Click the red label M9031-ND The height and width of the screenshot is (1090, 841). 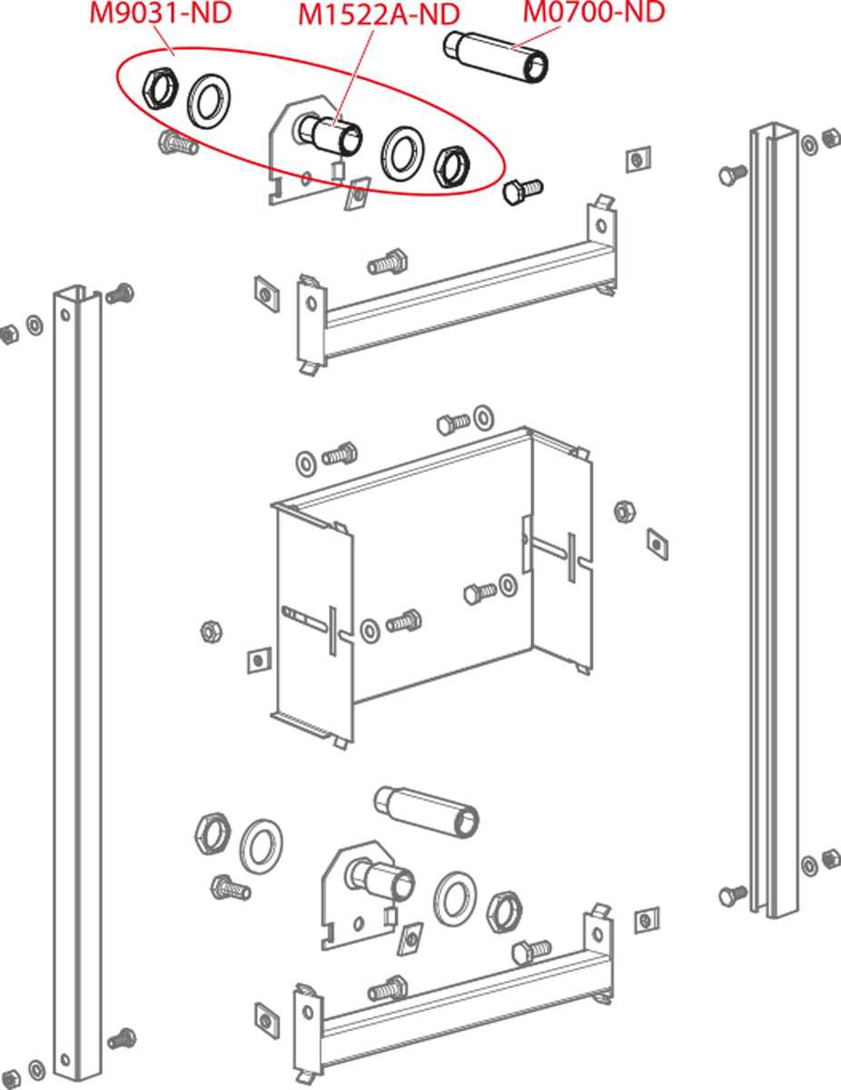tap(161, 13)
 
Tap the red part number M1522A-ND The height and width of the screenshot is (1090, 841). tap(379, 15)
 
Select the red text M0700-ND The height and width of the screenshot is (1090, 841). tap(594, 12)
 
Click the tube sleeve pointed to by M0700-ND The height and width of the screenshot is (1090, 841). tap(496, 56)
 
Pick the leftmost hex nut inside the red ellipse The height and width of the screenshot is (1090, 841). tap(161, 88)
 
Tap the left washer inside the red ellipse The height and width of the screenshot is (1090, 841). tap(209, 102)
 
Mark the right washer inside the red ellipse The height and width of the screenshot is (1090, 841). tap(402, 154)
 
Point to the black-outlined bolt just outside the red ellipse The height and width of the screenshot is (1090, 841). tap(522, 191)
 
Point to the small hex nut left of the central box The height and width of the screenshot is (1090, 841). tap(211, 631)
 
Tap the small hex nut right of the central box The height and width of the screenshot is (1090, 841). tap(625, 512)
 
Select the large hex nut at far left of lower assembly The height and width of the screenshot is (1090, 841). tap(213, 834)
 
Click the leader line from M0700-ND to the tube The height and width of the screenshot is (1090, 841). tap(535, 37)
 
